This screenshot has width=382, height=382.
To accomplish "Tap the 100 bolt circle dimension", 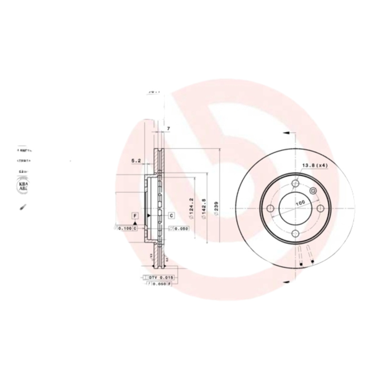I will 300,203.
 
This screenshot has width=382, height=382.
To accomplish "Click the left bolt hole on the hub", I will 270,209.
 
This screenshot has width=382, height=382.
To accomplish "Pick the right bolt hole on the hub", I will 320,209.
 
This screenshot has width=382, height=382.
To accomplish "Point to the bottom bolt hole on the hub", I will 295,233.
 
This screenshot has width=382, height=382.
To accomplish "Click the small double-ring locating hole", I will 313,191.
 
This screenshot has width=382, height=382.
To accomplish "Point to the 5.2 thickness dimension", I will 136,161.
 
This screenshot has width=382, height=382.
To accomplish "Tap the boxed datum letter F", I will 136,216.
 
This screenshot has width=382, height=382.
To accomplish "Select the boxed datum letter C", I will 170,216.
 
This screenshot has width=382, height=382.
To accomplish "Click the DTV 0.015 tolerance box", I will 160,277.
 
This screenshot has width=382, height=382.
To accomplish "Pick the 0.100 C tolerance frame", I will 127,228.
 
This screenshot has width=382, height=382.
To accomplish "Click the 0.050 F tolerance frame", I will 160,284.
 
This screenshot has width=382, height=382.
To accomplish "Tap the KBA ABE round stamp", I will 23,187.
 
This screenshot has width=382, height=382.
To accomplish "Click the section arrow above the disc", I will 285,133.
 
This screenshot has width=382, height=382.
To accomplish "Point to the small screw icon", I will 22,207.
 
